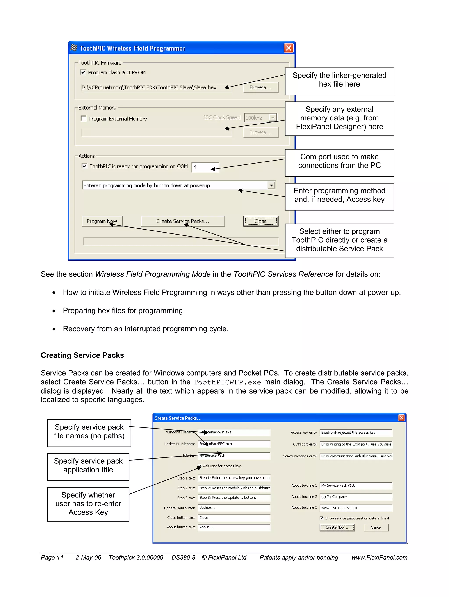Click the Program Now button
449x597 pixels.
(x=102, y=221)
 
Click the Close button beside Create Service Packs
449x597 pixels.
(x=260, y=221)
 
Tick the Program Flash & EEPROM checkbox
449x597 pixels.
(x=83, y=72)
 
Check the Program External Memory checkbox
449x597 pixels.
(x=84, y=118)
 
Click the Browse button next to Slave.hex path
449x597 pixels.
(x=260, y=87)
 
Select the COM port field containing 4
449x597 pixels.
(x=205, y=167)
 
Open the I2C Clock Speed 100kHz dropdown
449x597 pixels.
(x=273, y=118)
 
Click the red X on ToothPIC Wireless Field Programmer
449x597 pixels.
(x=289, y=48)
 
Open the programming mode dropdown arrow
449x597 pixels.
(x=271, y=185)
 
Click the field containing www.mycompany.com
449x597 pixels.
(x=356, y=508)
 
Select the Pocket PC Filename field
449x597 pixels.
(x=234, y=444)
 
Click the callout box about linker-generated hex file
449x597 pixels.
(x=339, y=81)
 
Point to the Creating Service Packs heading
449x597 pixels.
(x=82, y=355)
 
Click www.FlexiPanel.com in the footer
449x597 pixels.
(x=379, y=558)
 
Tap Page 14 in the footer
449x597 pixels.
(x=52, y=558)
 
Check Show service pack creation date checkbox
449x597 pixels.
(x=321, y=518)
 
